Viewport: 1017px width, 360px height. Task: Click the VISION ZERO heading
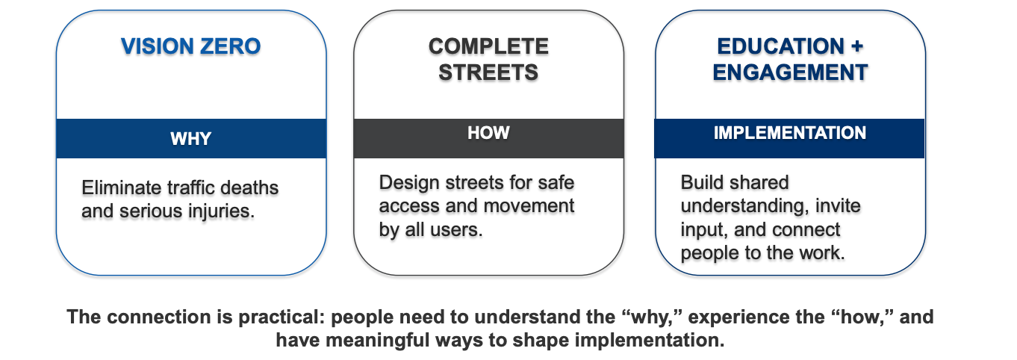tap(190, 46)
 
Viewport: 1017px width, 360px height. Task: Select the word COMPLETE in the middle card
tap(488, 46)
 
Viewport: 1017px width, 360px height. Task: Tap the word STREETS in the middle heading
tap(488, 72)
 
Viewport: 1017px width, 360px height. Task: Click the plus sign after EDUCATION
tap(857, 46)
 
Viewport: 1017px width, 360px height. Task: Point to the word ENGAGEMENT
tap(791, 72)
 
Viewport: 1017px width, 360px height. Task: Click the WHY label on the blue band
tap(190, 139)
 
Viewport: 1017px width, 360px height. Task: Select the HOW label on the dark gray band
tap(488, 133)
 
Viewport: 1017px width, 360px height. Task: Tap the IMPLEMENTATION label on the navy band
tap(790, 133)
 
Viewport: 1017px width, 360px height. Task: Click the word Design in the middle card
tap(409, 182)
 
